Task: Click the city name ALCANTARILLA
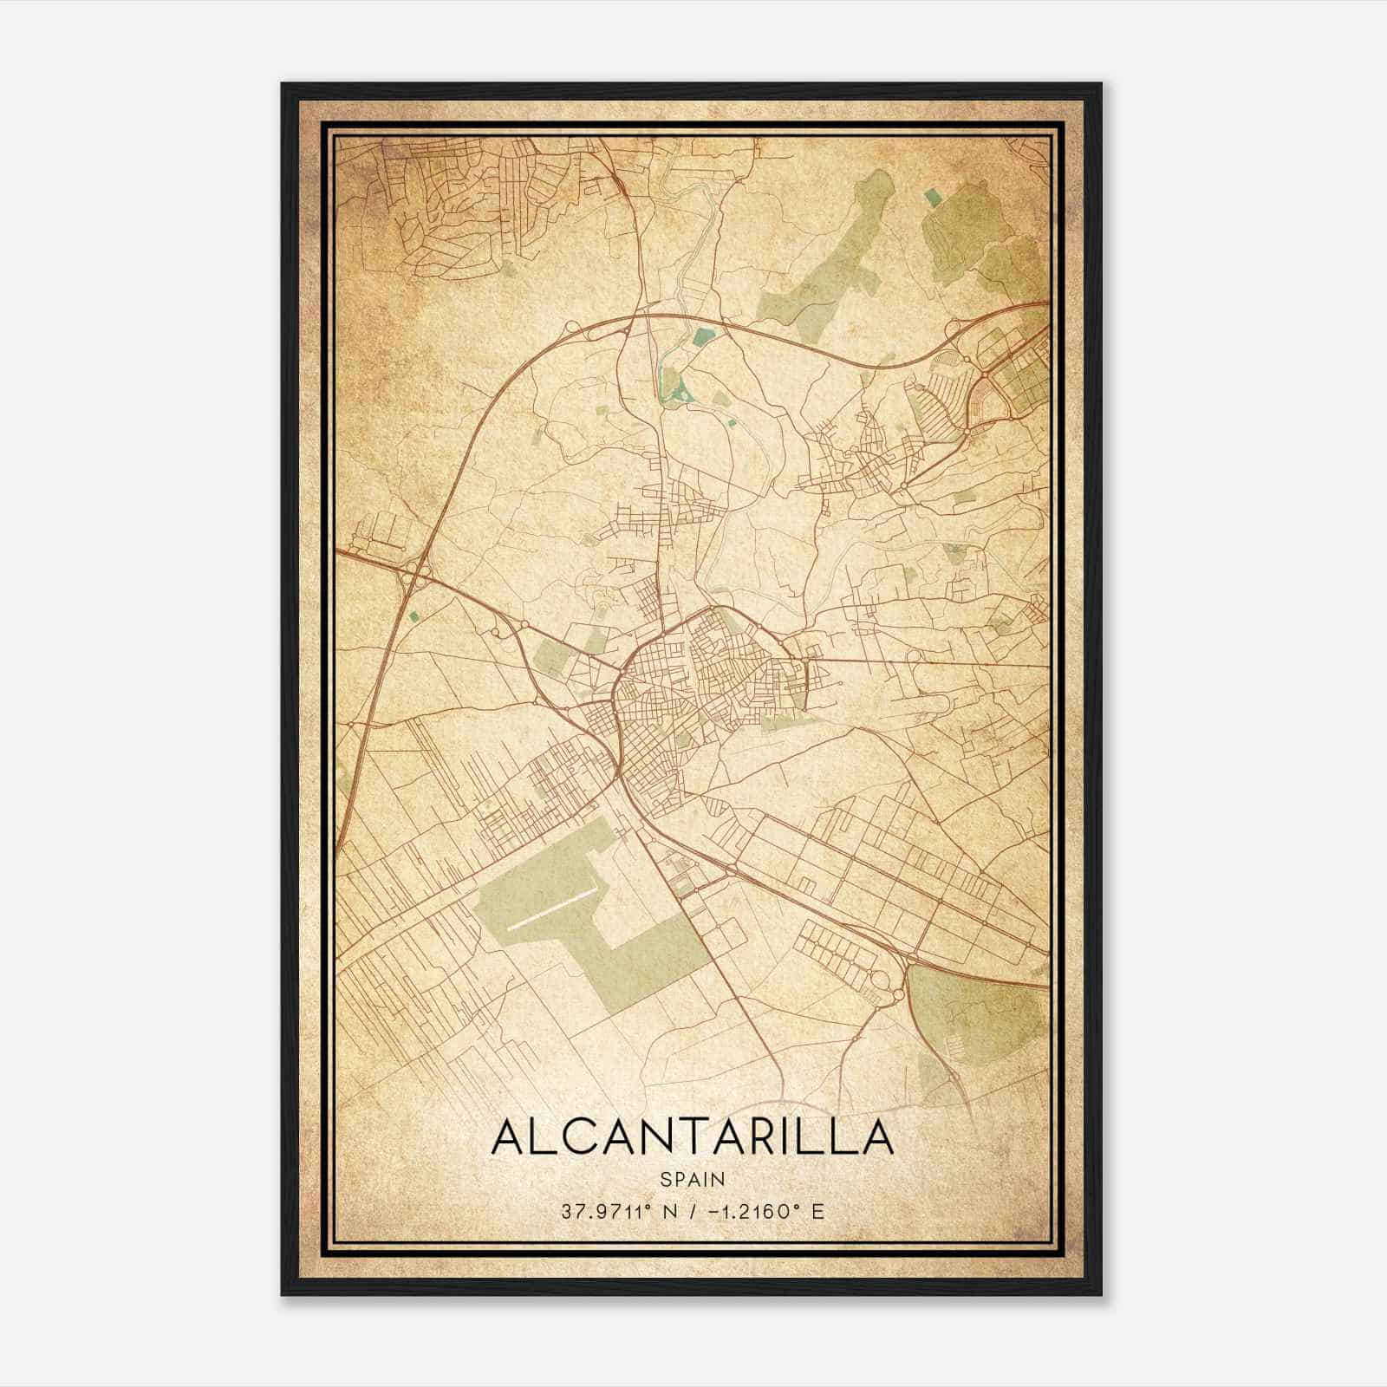tap(692, 1137)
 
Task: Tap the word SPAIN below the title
tap(692, 1179)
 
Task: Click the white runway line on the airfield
tap(551, 908)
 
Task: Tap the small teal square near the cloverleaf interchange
tap(413, 615)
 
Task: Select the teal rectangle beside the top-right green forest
tap(932, 199)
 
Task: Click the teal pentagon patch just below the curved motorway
tap(704, 335)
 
